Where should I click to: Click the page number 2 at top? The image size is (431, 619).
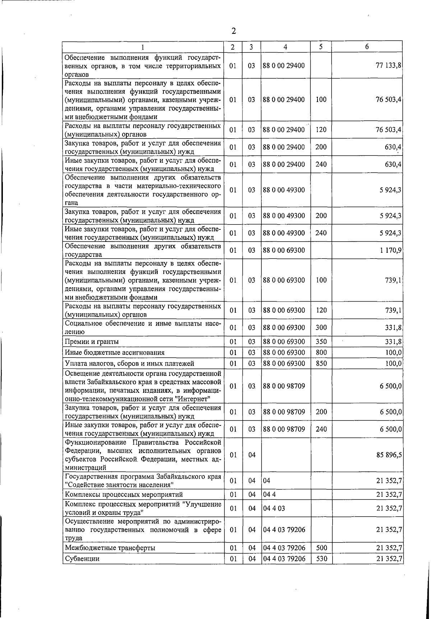coord(233,31)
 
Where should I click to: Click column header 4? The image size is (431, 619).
coord(285,47)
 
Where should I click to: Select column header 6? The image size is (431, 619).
coord(367,47)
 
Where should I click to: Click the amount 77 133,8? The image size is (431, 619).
coord(389,65)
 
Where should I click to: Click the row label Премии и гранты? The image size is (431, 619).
coord(92,341)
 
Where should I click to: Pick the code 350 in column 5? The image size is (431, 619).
coord(321,341)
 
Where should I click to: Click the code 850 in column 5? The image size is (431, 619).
coord(321,363)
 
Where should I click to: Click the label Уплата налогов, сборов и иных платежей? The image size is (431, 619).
coord(130,363)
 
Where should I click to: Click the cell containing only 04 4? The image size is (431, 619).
coord(269,494)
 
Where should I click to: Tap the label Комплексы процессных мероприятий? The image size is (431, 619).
coord(124,494)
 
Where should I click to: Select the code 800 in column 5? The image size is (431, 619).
coord(321,353)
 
